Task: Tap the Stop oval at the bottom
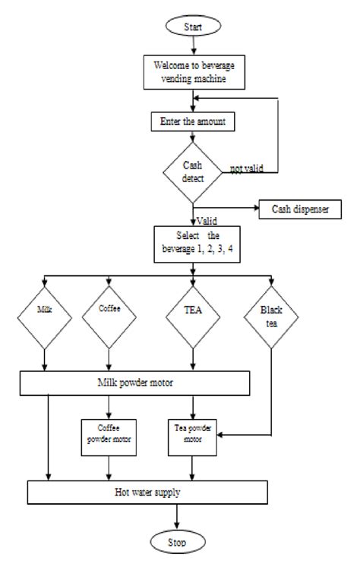(176, 543)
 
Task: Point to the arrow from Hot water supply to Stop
(176, 518)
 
